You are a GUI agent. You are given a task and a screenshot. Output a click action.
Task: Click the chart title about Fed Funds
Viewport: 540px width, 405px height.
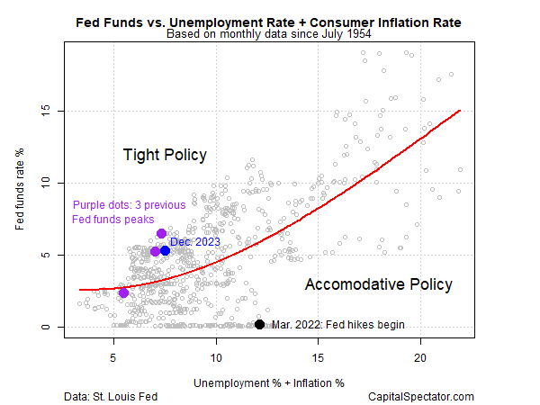pyautogui.click(x=270, y=21)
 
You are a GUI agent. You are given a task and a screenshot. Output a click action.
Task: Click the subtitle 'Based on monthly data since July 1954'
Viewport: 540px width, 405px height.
pyautogui.click(x=270, y=35)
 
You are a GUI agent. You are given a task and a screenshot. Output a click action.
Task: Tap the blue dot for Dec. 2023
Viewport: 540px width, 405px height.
pyautogui.click(x=166, y=250)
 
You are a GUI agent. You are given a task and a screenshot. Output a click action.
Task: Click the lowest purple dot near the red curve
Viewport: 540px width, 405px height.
pyautogui.click(x=123, y=292)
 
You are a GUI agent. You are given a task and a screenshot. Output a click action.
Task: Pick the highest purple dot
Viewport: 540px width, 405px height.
pyautogui.click(x=161, y=234)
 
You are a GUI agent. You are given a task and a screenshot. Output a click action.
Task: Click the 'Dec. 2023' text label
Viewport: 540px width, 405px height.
pyautogui.click(x=195, y=241)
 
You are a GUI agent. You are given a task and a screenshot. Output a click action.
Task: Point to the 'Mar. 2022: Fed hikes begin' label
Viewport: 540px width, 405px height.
pyautogui.click(x=337, y=325)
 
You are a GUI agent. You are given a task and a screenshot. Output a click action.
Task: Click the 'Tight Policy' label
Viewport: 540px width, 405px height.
pyautogui.click(x=165, y=155)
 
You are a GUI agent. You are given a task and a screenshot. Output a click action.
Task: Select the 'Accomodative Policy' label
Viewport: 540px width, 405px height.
pyautogui.click(x=378, y=284)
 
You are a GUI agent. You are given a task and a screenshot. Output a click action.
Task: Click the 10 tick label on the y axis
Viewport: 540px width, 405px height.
pyautogui.click(x=51, y=184)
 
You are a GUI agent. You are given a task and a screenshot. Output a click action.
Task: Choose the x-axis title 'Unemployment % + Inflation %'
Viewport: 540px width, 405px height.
pyautogui.click(x=269, y=382)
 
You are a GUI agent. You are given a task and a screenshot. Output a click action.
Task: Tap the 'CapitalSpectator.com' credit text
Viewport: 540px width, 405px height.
pyautogui.click(x=420, y=396)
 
